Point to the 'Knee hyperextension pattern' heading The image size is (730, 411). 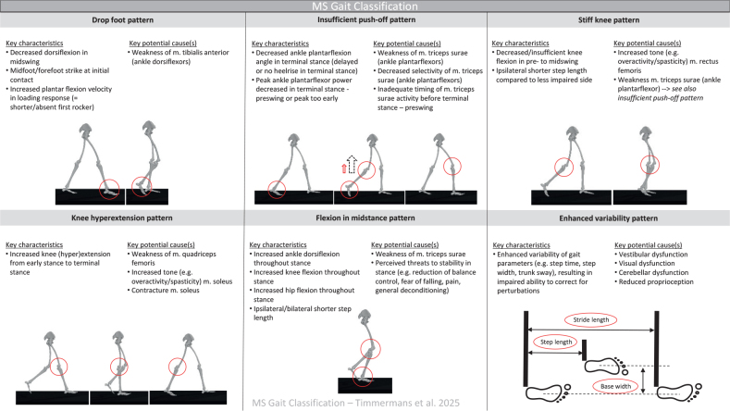click(121, 220)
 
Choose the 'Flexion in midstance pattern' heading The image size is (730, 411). click(364, 220)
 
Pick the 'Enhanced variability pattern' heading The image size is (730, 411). click(607, 220)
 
